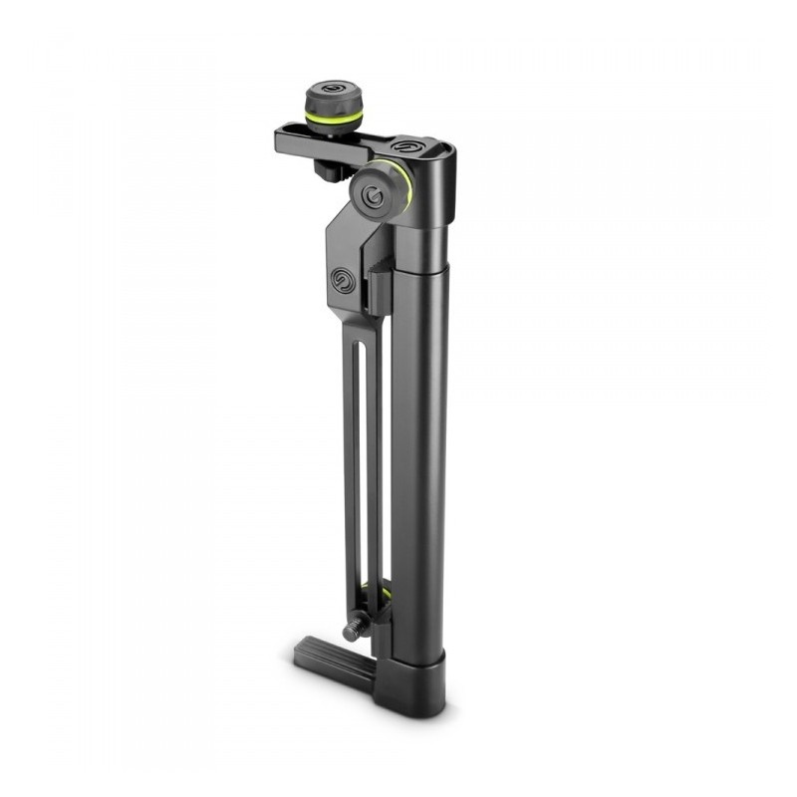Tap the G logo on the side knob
373,194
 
